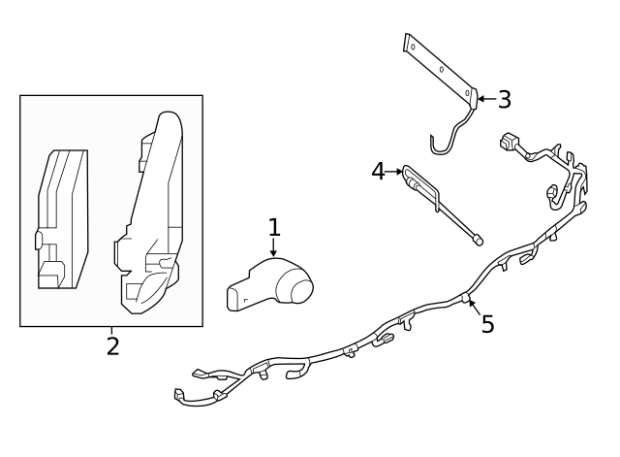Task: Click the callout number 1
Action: pyautogui.click(x=274, y=227)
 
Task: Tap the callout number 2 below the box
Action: pyautogui.click(x=112, y=346)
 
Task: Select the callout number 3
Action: pyautogui.click(x=504, y=99)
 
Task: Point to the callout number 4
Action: pyautogui.click(x=378, y=172)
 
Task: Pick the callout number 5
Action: pyautogui.click(x=487, y=324)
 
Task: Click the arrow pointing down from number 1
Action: pyautogui.click(x=273, y=247)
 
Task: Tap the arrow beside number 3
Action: pyautogui.click(x=487, y=99)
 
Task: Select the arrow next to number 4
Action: pyautogui.click(x=394, y=172)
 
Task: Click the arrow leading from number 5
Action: pyautogui.click(x=475, y=309)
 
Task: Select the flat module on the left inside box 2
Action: pyautogui.click(x=63, y=219)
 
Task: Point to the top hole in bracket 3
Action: pyautogui.click(x=414, y=46)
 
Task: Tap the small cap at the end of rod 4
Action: pyautogui.click(x=478, y=240)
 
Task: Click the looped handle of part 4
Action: pyautogui.click(x=420, y=187)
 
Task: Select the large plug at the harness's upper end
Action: pyautogui.click(x=508, y=142)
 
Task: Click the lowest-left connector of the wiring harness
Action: pyautogui.click(x=178, y=395)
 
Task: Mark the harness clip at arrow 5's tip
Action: pyautogui.click(x=466, y=297)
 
